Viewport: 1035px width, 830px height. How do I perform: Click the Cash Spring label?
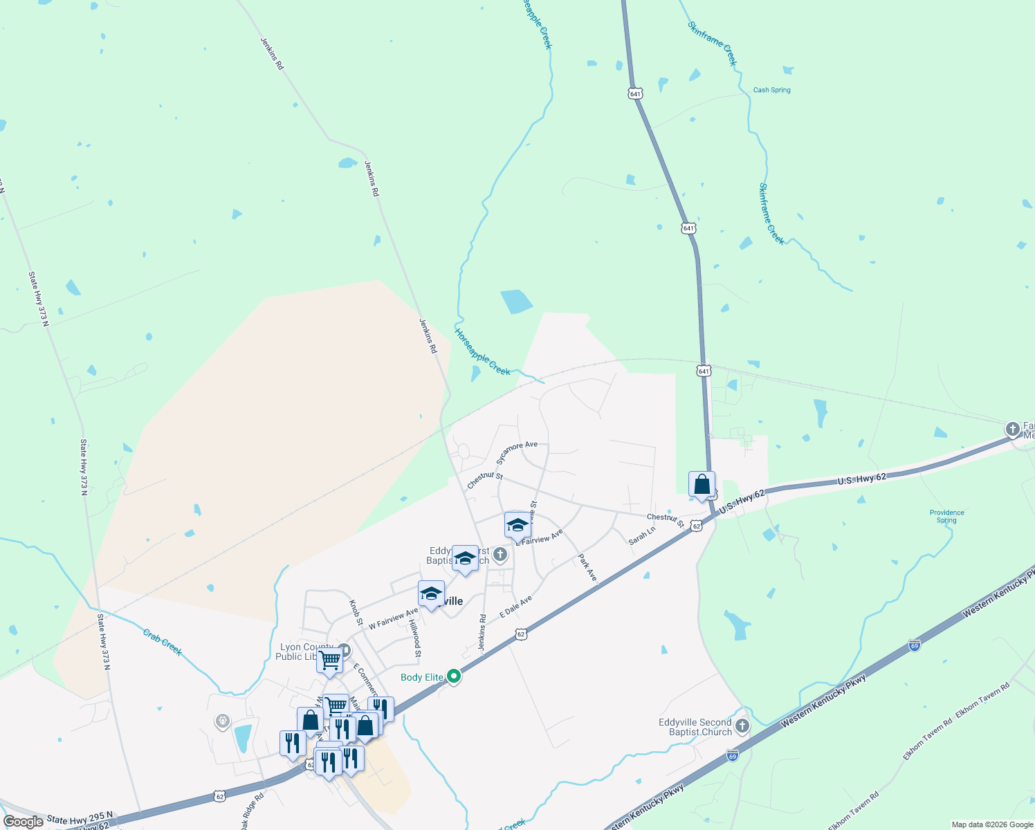(x=771, y=90)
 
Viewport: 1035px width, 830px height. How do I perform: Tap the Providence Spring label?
(x=947, y=517)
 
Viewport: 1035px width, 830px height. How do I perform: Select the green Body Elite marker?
(x=454, y=676)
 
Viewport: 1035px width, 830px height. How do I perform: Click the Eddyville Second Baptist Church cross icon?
(x=742, y=726)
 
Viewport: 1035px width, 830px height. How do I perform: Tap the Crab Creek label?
(x=163, y=642)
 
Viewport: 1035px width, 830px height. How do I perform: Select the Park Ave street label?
(x=587, y=567)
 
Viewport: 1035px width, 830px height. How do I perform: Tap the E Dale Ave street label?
(x=515, y=607)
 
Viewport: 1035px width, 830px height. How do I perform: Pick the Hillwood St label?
(x=415, y=638)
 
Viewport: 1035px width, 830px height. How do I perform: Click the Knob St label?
(x=356, y=613)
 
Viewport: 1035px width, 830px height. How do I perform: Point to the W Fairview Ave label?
(x=393, y=618)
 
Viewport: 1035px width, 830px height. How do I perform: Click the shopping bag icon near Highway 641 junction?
(x=702, y=485)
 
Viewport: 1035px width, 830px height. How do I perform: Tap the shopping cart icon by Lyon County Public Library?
(x=329, y=660)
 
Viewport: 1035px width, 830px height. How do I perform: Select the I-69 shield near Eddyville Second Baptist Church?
(x=732, y=756)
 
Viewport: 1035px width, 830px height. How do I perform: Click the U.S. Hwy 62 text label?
(x=861, y=479)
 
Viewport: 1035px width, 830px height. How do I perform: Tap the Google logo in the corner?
(x=24, y=822)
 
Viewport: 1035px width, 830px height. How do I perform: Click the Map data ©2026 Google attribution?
(x=991, y=824)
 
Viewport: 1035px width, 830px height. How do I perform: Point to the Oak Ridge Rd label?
(x=252, y=811)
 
